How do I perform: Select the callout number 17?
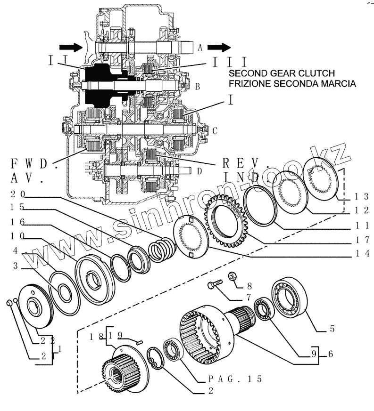pos(362,239)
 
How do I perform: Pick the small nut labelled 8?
pos(233,276)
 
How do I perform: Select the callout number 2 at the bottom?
pos(211,390)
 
